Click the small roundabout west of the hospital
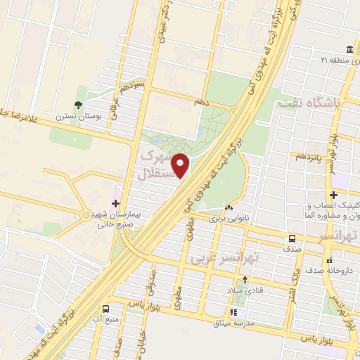click(x=85, y=214)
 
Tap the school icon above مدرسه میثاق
click(x=235, y=313)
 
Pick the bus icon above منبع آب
click(x=105, y=309)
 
